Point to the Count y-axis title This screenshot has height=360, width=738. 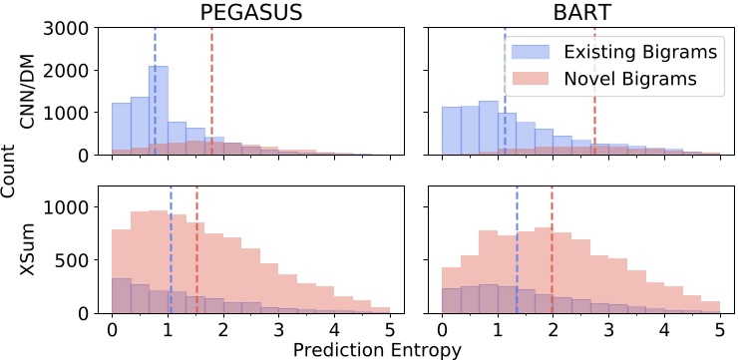pos(11,171)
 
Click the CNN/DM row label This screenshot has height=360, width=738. pos(37,92)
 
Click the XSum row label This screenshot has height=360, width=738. pos(37,249)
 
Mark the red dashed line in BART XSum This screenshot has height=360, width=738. pos(552,249)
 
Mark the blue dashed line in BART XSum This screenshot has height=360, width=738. pos(517,249)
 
